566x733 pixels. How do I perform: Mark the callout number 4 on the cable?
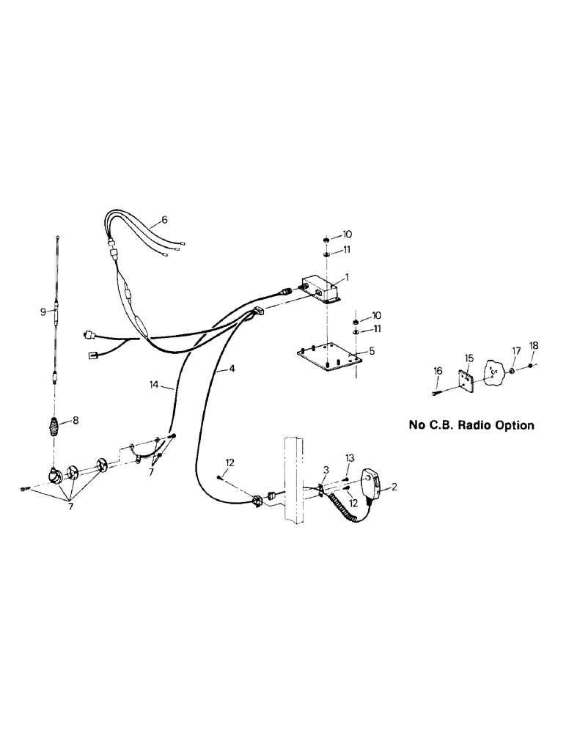click(232, 369)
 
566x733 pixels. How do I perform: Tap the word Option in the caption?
click(514, 424)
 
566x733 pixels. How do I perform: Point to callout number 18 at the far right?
click(533, 345)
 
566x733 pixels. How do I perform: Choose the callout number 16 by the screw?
click(438, 372)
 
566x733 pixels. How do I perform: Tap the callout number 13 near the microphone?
click(350, 457)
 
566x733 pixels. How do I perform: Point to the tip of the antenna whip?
click(58, 237)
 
